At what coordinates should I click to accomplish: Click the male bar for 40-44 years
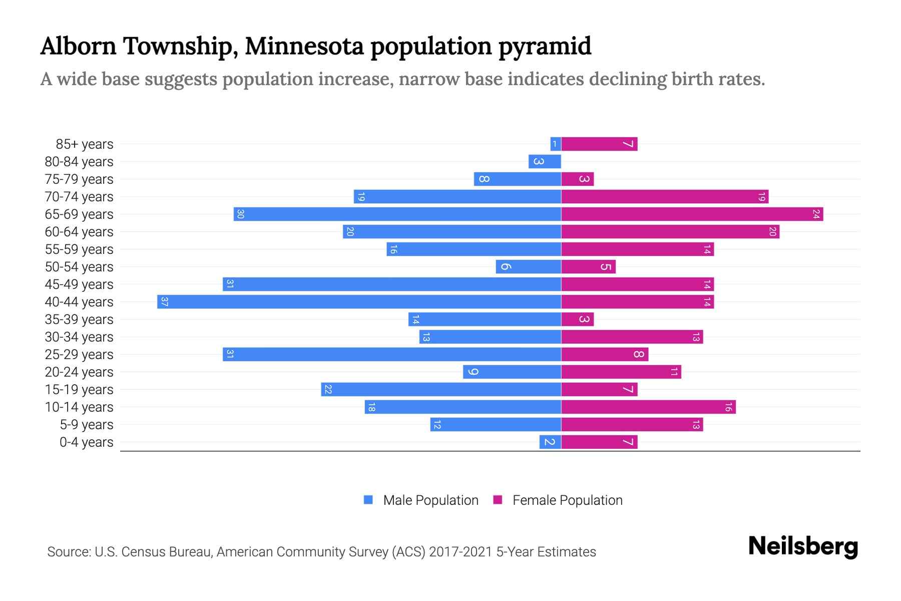tap(359, 302)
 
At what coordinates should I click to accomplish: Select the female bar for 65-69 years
tap(692, 214)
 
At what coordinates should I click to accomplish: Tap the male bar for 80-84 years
tap(545, 161)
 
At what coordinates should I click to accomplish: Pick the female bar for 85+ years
tap(599, 144)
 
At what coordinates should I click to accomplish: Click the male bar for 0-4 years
tap(550, 442)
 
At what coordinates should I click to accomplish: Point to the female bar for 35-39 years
tap(577, 319)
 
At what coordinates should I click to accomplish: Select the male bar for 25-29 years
tap(391, 354)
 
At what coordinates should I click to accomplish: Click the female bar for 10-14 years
tap(648, 407)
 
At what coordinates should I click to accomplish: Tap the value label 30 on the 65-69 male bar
tap(241, 214)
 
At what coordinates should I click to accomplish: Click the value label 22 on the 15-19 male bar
tap(328, 390)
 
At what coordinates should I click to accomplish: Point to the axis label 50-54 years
tap(79, 267)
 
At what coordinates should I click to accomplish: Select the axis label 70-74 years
tap(79, 197)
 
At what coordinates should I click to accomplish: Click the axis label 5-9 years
tap(87, 425)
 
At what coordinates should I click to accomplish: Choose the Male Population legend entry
tap(430, 500)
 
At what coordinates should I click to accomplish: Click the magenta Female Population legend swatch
tap(498, 500)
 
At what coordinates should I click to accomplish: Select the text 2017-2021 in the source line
tap(460, 552)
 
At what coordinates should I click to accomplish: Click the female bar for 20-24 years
tap(621, 372)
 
